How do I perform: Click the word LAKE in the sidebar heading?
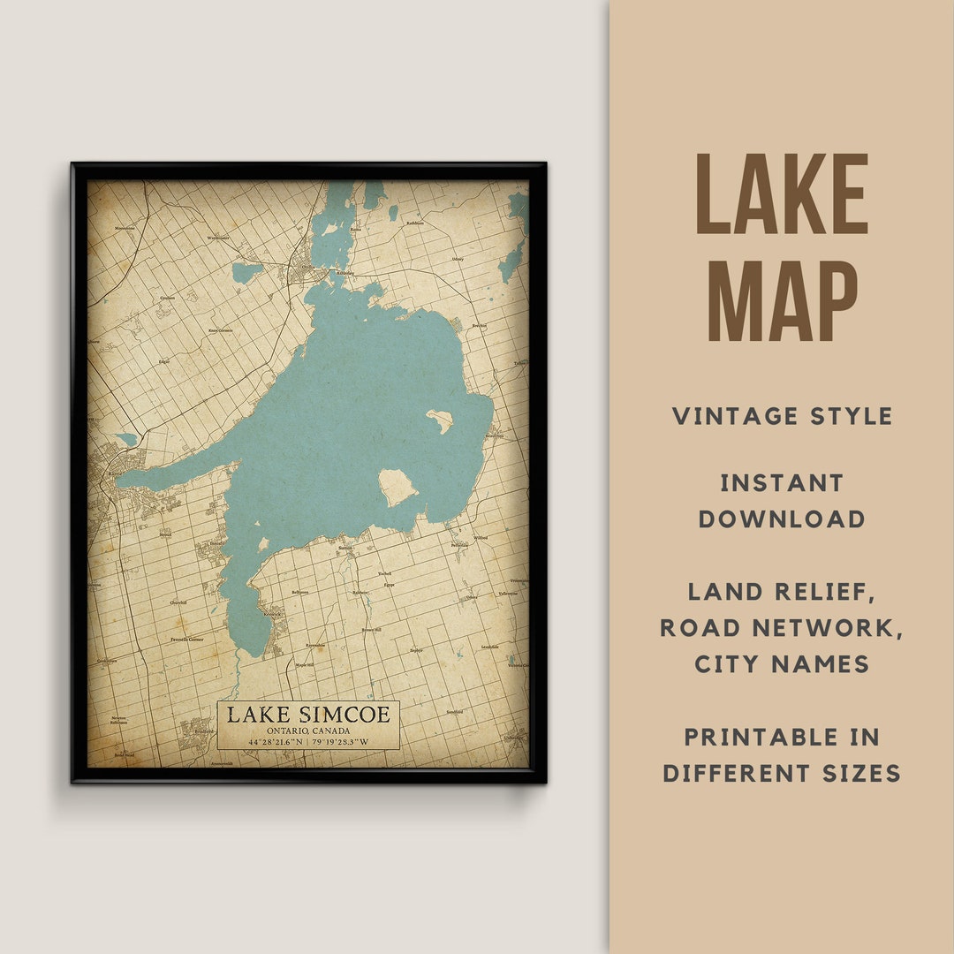[782, 194]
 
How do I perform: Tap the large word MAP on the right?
[782, 300]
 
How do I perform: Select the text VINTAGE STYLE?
[782, 416]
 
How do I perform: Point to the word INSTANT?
[782, 483]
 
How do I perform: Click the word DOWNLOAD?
[782, 519]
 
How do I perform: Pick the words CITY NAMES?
[782, 663]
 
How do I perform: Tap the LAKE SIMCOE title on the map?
[307, 715]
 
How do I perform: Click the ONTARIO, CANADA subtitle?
[307, 731]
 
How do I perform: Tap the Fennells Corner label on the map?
[186, 639]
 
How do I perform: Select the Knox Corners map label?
[219, 330]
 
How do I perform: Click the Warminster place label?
[217, 238]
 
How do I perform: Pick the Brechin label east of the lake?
[481, 326]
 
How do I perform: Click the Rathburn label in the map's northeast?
[415, 223]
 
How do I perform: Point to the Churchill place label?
[178, 602]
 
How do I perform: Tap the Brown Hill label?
[372, 630]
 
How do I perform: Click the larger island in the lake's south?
[397, 487]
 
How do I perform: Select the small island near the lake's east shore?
[439, 420]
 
